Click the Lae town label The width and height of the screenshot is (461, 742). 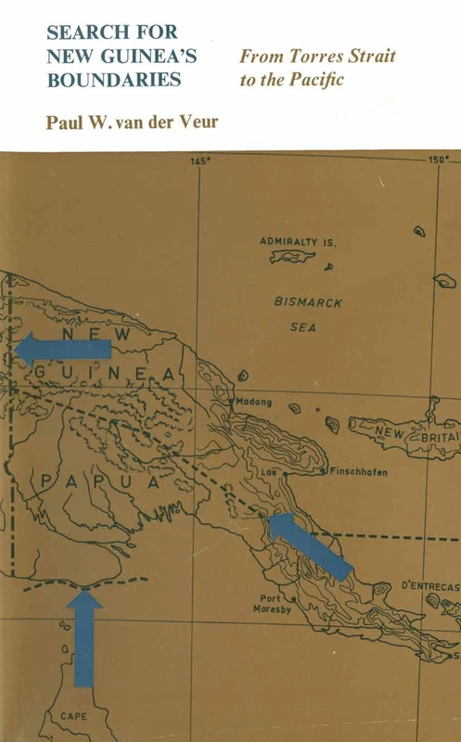pyautogui.click(x=298, y=471)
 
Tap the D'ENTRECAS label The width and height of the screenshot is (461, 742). pyautogui.click(x=429, y=585)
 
